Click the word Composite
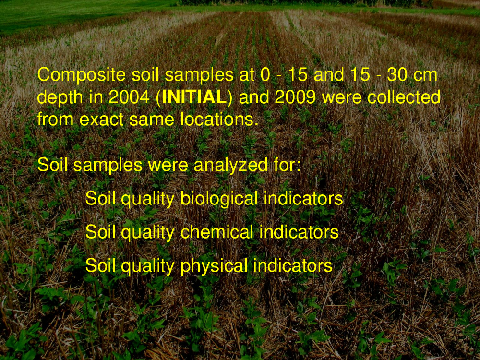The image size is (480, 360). pos(82,75)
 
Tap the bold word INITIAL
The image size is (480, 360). pos(194,97)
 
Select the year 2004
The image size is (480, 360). pos(129,97)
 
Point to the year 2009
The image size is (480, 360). pos(295,97)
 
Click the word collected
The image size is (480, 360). pos(404,97)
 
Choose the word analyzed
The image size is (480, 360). pos(231,165)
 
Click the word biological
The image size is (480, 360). pos(219,199)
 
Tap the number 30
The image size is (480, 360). pos(397,75)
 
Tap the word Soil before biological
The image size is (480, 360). pos(100,198)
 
